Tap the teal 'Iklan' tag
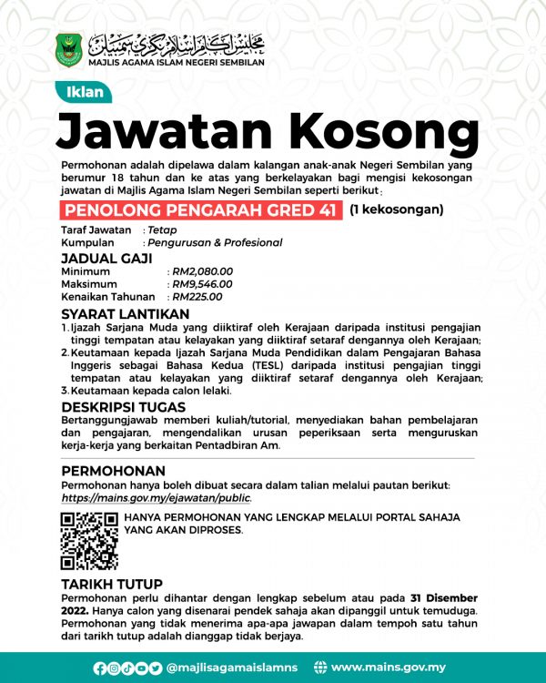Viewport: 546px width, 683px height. tap(86, 92)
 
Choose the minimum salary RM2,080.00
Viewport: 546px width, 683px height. tap(203, 271)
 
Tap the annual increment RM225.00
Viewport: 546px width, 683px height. tap(197, 297)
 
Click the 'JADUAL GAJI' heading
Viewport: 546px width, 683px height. tap(102, 258)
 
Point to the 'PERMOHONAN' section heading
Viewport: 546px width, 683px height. tap(113, 471)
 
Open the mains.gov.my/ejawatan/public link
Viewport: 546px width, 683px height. tap(156, 499)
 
